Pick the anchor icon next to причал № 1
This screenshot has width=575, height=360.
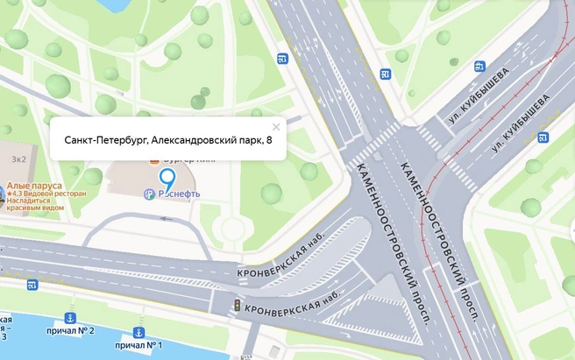(138, 332)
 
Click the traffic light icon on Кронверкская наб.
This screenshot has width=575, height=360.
(236, 305)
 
